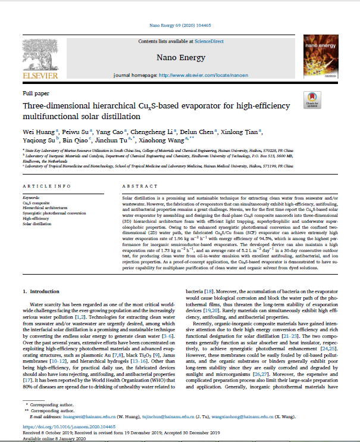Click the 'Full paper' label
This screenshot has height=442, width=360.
36,94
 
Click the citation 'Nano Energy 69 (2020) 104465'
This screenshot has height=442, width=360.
180,26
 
